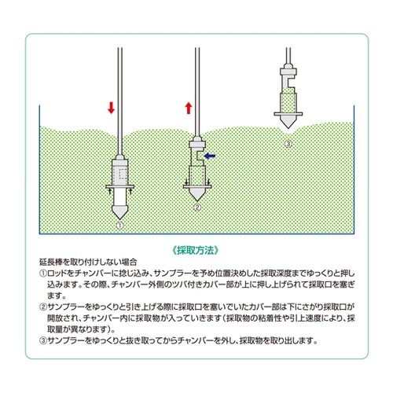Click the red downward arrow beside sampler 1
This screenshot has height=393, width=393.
[x=111, y=108]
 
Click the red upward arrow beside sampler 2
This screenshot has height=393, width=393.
[x=187, y=108]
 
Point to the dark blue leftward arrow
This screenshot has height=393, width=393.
[x=210, y=156]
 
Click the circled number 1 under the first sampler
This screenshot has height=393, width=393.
[x=119, y=225]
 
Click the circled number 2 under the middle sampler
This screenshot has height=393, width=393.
[x=197, y=208]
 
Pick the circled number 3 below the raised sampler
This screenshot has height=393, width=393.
[x=288, y=145]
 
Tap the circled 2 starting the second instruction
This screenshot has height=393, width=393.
[x=43, y=304]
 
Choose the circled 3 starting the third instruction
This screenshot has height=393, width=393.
[x=43, y=340]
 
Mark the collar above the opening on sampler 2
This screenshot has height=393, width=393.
[x=196, y=144]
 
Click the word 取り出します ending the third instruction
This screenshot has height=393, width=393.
[x=295, y=340]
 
